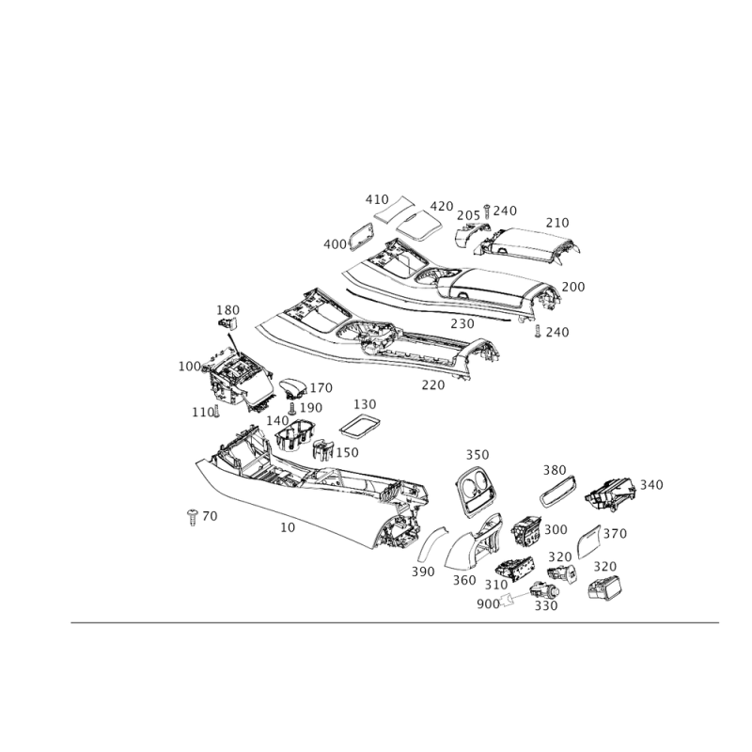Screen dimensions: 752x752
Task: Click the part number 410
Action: click(376, 200)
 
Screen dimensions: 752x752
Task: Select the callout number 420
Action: click(442, 205)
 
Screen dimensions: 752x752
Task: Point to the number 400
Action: click(334, 244)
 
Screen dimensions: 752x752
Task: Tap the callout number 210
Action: click(557, 223)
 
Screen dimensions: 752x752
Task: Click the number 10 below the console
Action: click(289, 528)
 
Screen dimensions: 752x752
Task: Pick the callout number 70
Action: click(209, 516)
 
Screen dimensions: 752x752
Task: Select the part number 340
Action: click(651, 485)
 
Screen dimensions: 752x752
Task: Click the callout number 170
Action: click(604, 566)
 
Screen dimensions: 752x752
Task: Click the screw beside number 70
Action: click(193, 516)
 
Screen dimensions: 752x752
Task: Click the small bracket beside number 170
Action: click(602, 587)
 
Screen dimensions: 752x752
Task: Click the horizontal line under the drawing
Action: click(395, 622)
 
